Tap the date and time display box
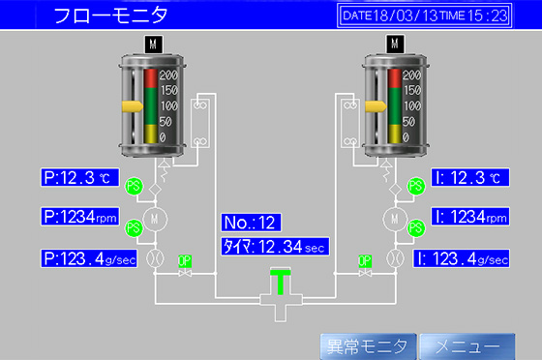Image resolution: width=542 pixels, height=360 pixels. tap(425, 15)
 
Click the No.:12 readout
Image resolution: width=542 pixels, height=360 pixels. tap(250, 223)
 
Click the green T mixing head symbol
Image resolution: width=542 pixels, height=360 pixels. tap(281, 283)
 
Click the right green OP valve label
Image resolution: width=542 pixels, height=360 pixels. tap(365, 260)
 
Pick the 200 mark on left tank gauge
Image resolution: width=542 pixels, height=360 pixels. tap(167, 75)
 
